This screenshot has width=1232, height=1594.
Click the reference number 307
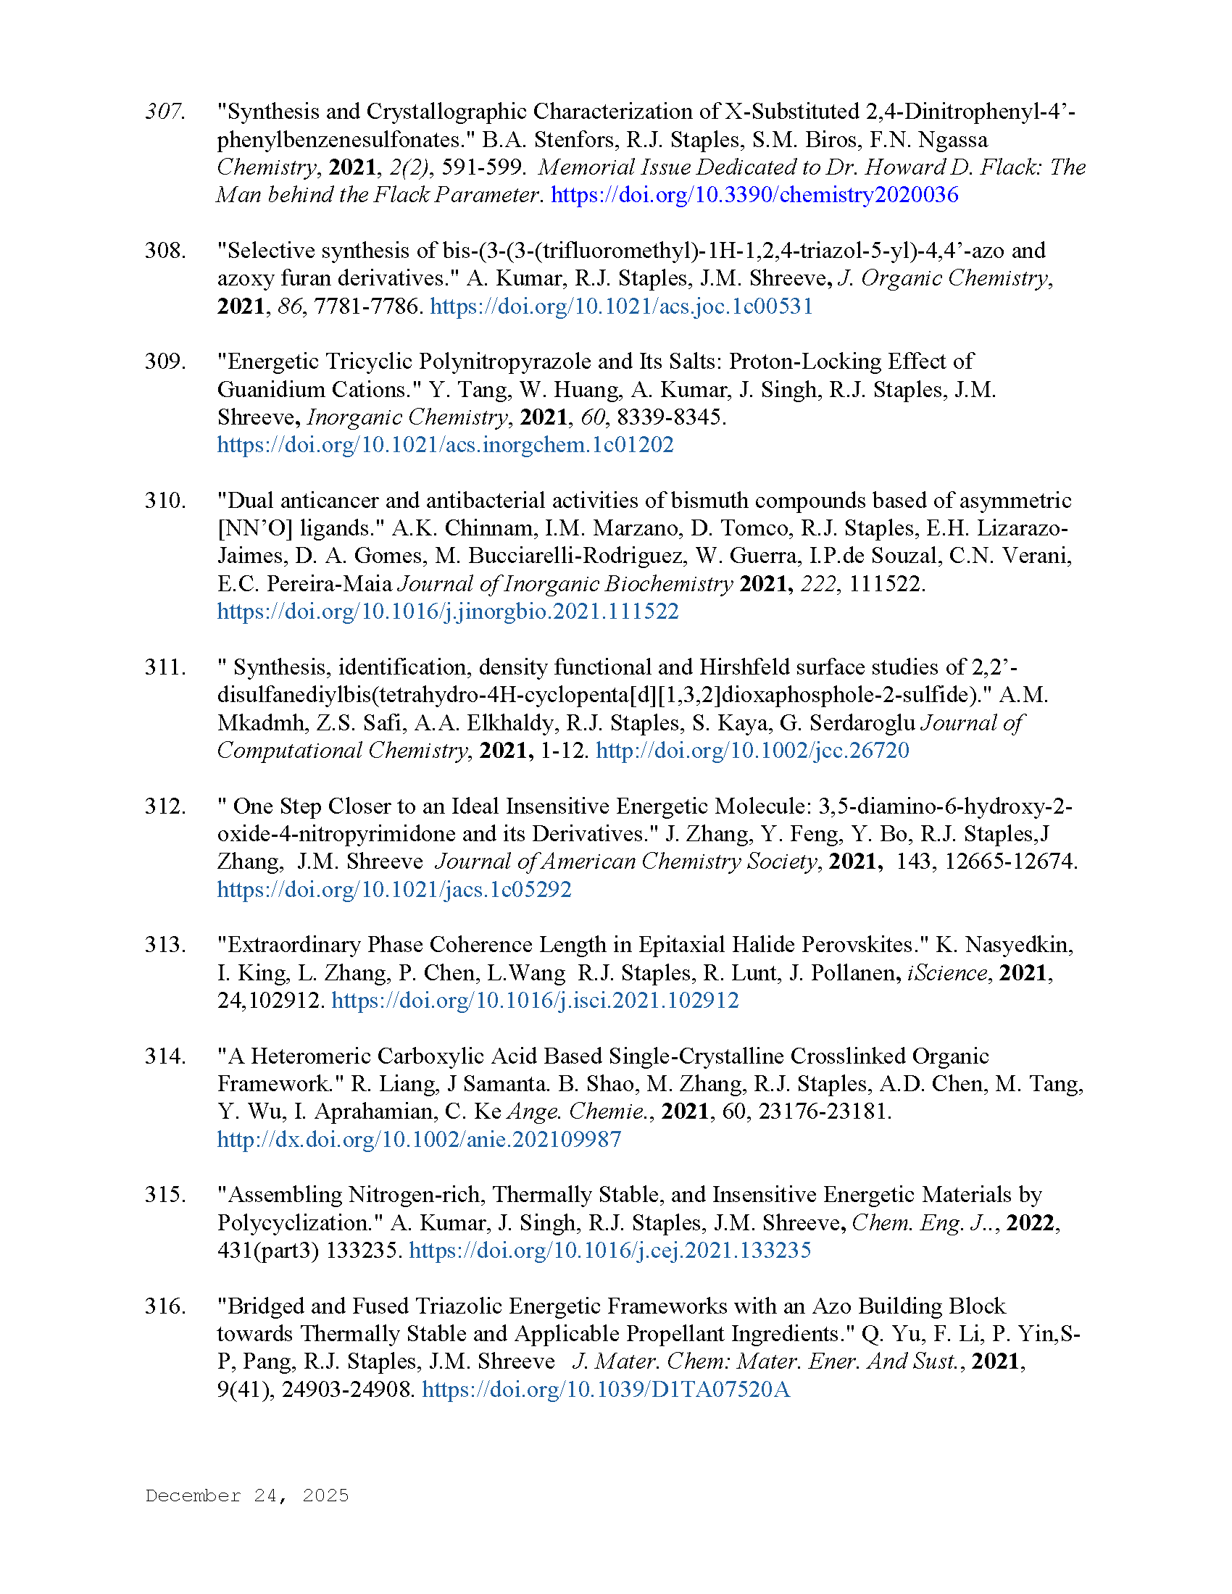pyautogui.click(x=165, y=112)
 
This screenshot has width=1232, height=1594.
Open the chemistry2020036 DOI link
pyautogui.click(x=754, y=195)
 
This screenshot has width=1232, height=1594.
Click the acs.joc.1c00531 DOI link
pyautogui.click(x=621, y=306)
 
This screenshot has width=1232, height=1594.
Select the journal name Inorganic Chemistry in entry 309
pyautogui.click(x=407, y=417)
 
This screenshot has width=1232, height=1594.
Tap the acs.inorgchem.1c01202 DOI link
pyautogui.click(x=445, y=445)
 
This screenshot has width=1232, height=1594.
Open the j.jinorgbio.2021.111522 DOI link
pyautogui.click(x=447, y=612)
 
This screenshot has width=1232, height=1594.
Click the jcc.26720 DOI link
pyautogui.click(x=752, y=751)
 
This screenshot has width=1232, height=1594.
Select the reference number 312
pyautogui.click(x=165, y=806)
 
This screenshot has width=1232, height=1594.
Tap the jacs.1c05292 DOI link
pyautogui.click(x=394, y=890)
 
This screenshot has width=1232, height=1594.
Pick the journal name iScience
pyautogui.click(x=946, y=973)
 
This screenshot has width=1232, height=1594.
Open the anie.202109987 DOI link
pyautogui.click(x=419, y=1139)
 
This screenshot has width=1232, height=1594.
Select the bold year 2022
pyautogui.click(x=1032, y=1223)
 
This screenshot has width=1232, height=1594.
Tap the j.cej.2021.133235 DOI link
pyautogui.click(x=609, y=1251)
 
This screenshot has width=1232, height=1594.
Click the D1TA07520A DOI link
pyautogui.click(x=606, y=1390)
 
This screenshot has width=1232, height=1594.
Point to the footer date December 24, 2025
pyautogui.click(x=246, y=1495)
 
